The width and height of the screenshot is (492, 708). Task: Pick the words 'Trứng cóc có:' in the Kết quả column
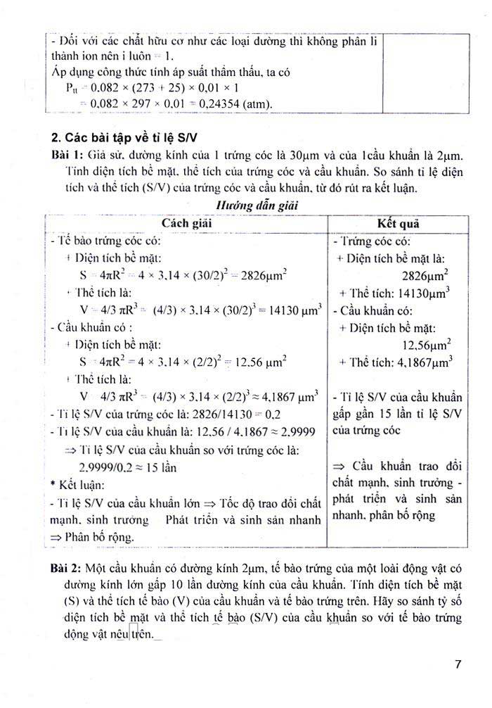370,241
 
